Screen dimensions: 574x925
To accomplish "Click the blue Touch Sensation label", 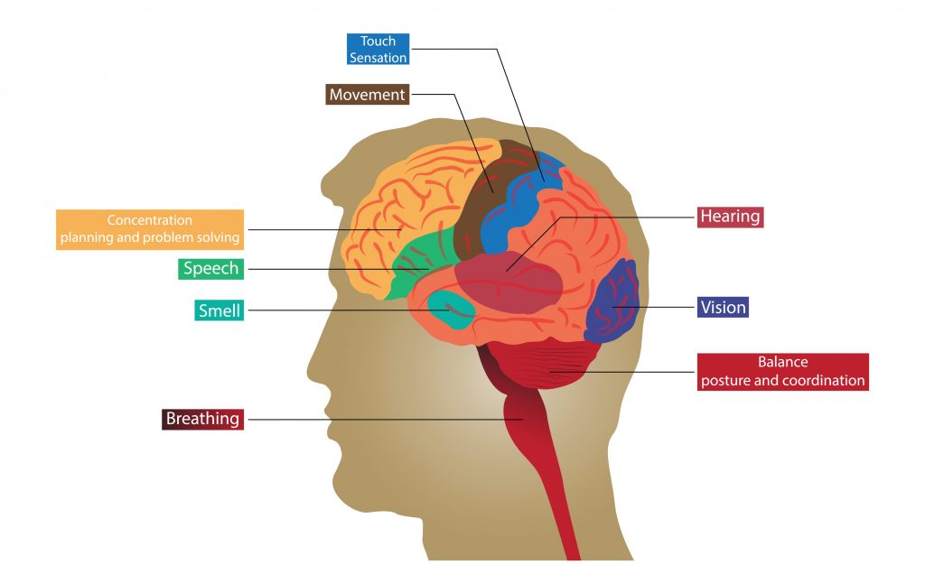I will coord(378,49).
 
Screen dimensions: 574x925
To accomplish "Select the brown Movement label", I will coord(367,95).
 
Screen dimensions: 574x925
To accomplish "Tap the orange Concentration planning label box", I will coord(150,229).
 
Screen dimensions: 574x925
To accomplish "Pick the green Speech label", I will coord(210,268).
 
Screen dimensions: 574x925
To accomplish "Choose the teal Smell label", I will coord(220,310).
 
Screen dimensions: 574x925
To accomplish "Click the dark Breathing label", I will coord(202,419).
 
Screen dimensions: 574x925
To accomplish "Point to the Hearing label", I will coord(731,218).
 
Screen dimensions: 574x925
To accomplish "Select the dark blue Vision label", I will coord(724,308).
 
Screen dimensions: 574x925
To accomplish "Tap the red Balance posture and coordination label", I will coord(782,371).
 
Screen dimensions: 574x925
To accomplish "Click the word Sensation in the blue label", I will coord(378,57).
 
